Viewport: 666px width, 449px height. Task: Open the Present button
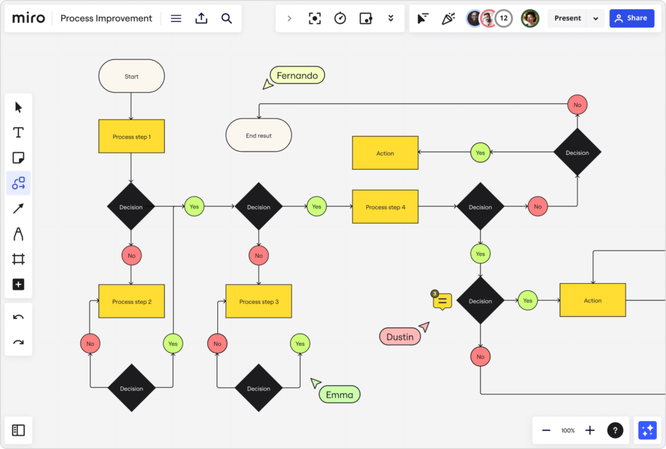point(568,18)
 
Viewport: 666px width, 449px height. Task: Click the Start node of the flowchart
point(131,76)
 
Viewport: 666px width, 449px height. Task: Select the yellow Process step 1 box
point(131,137)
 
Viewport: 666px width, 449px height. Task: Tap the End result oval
point(259,135)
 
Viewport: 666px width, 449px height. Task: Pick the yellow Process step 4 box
point(385,207)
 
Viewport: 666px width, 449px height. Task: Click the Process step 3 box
point(259,301)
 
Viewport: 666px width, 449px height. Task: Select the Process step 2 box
point(131,301)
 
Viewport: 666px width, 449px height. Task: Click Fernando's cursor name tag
point(297,75)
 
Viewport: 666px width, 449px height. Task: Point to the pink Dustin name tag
point(399,336)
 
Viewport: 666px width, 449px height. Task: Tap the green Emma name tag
point(340,394)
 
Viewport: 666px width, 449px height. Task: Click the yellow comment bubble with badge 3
point(442,301)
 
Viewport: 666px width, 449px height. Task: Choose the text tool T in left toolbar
point(18,133)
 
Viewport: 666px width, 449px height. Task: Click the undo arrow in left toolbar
point(18,317)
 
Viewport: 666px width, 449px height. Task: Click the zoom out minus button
point(546,430)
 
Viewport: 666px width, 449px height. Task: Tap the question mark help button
point(615,430)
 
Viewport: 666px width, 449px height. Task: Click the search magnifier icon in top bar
point(226,18)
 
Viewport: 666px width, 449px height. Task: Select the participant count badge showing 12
point(503,18)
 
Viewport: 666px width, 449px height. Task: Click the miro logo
point(29,18)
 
